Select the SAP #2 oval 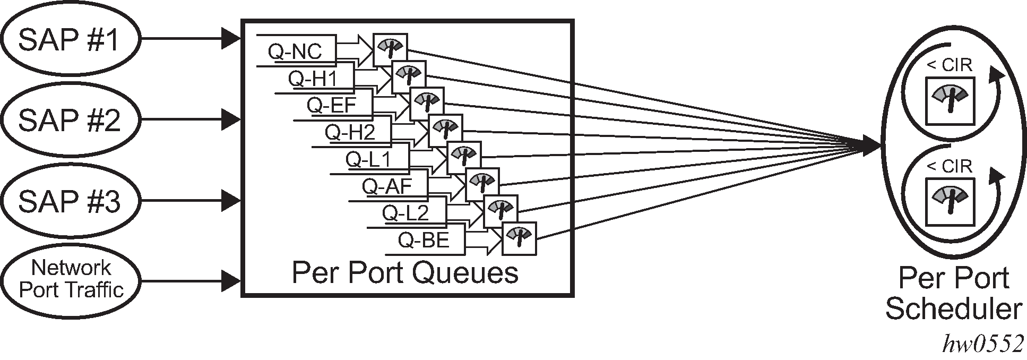[70, 120]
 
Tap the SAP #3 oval [70, 201]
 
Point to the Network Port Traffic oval [70, 279]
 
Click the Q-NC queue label [295, 52]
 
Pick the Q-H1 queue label [313, 79]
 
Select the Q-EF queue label [331, 105]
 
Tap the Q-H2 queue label [350, 132]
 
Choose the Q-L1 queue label [368, 159]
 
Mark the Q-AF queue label [386, 186]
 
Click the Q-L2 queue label [405, 213]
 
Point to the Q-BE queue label [424, 241]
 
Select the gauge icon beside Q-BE [520, 238]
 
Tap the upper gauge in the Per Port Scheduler [950, 101]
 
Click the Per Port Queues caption [404, 273]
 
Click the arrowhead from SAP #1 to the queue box [231, 38]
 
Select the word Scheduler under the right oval [953, 309]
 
